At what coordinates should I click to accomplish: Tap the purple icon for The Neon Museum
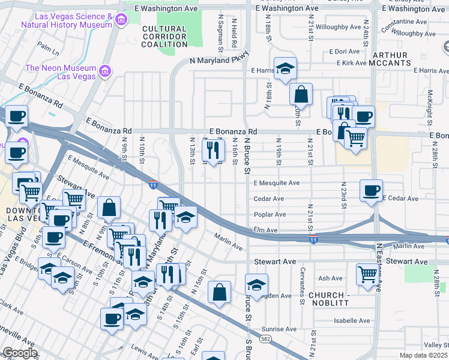click(x=106, y=72)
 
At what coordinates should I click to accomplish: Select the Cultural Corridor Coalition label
click(x=164, y=37)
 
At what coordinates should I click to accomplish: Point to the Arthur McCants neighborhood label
click(x=391, y=58)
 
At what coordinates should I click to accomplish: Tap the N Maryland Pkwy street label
click(x=219, y=61)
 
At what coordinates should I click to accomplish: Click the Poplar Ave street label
click(x=270, y=214)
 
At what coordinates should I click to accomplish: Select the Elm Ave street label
click(x=265, y=230)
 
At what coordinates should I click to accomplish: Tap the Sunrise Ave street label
click(x=279, y=329)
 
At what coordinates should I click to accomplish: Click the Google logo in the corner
click(x=20, y=353)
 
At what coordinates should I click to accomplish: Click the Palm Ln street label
click(x=47, y=45)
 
